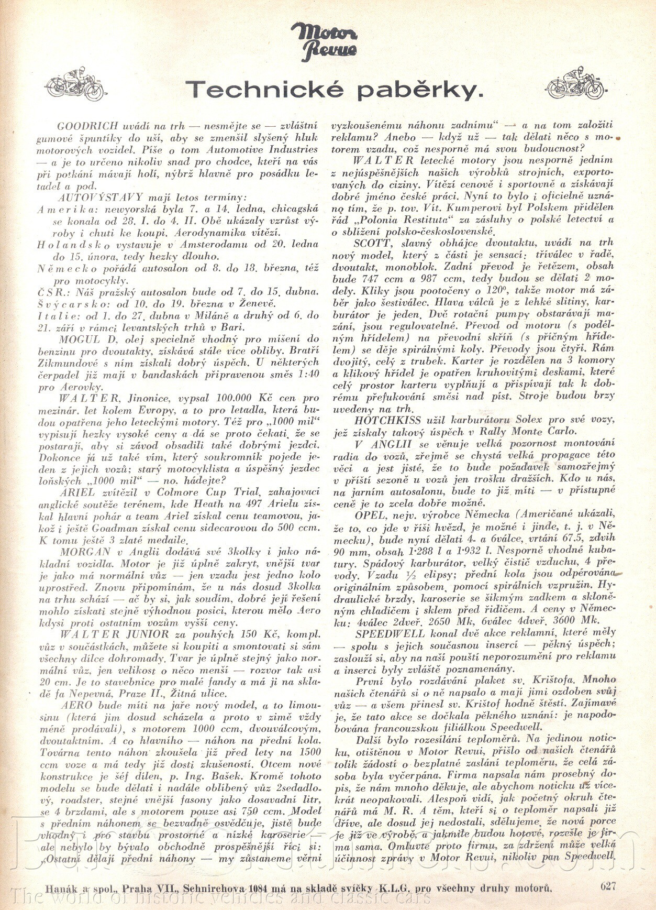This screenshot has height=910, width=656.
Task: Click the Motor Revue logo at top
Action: coord(324,41)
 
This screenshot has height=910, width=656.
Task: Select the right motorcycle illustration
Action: coord(575,84)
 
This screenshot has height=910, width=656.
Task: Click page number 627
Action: coord(608,886)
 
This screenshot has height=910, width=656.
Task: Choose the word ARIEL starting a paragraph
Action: coord(77,492)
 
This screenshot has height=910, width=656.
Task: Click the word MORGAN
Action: coord(85,552)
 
